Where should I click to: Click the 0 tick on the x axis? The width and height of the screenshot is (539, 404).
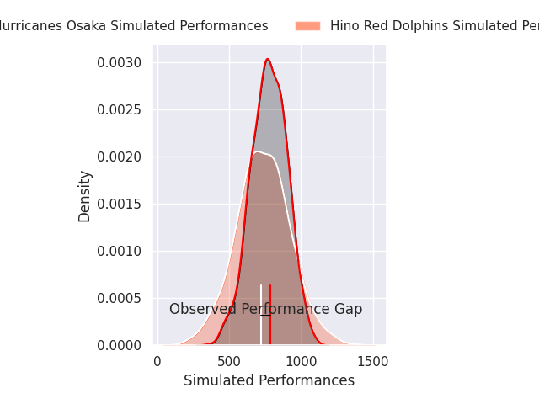point(157,361)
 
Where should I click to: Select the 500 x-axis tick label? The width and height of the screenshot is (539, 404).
point(229,361)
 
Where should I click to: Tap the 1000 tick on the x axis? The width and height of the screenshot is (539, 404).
point(301,361)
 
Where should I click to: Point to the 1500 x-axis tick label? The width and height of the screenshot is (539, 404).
point(372,361)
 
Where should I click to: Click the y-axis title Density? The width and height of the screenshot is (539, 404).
point(85,196)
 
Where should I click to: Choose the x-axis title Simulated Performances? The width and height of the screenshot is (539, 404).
point(269,381)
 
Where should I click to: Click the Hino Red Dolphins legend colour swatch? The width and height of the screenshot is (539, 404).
point(307,26)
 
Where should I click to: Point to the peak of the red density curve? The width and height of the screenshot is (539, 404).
point(267,59)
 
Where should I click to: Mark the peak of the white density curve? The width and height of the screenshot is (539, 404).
point(257,151)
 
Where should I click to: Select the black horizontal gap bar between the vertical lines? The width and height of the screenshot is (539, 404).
point(265,315)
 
